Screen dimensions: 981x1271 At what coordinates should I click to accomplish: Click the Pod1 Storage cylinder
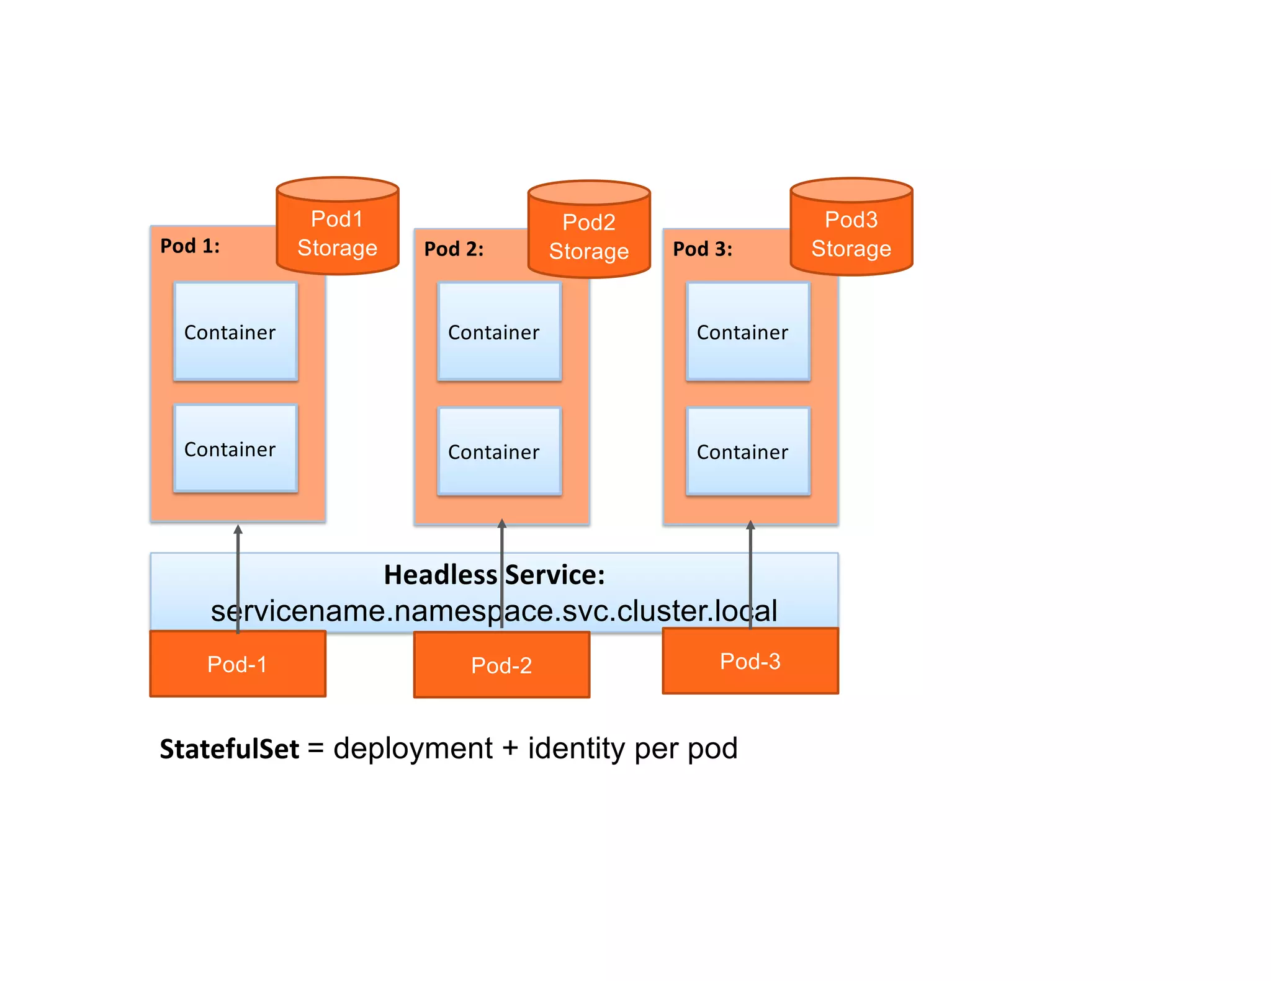[x=337, y=233]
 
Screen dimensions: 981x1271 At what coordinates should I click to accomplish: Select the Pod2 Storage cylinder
[x=589, y=236]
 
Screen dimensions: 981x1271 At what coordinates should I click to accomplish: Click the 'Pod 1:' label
[x=190, y=246]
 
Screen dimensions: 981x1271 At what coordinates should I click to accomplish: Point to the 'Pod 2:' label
[x=454, y=249]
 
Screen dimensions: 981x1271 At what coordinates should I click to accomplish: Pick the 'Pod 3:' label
[x=703, y=249]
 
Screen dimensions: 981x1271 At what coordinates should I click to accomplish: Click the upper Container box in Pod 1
[x=236, y=332]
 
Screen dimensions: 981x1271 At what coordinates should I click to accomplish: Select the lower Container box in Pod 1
[x=236, y=448]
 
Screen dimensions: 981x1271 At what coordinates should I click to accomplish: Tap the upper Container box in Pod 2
[x=499, y=332]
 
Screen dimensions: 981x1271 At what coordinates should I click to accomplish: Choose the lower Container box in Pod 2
[x=499, y=451]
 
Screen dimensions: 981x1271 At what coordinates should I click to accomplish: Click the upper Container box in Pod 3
[x=748, y=332]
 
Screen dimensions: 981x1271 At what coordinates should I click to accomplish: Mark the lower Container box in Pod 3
[x=748, y=451]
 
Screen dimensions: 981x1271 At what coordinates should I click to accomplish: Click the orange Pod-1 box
[x=238, y=664]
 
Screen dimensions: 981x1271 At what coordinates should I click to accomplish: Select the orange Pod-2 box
[x=501, y=665]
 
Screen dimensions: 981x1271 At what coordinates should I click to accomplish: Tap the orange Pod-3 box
[x=750, y=661]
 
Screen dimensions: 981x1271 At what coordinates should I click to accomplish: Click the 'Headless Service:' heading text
[x=494, y=575]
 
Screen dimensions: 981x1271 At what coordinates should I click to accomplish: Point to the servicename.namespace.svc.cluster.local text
[x=494, y=611]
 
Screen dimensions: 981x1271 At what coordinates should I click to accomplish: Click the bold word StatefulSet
[x=230, y=749]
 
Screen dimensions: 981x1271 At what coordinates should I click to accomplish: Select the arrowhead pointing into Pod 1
[x=238, y=529]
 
